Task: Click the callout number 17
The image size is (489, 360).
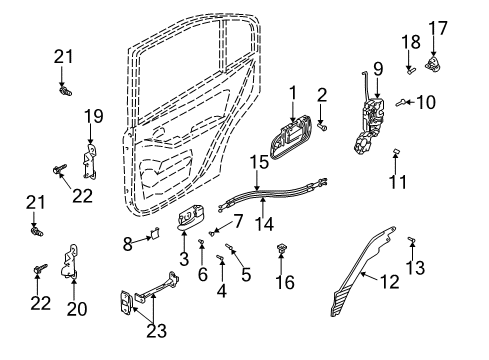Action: (x=438, y=28)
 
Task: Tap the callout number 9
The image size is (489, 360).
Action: (x=378, y=69)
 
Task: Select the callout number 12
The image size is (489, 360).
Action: (x=389, y=282)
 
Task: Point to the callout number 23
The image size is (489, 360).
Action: (x=157, y=331)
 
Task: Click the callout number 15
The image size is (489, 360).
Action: (x=259, y=162)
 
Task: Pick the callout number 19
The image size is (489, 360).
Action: (x=94, y=116)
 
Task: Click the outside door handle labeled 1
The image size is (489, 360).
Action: (x=291, y=137)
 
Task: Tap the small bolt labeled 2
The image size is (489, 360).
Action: (x=322, y=127)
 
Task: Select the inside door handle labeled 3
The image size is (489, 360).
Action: (x=191, y=218)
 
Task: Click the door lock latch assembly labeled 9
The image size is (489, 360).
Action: (x=369, y=127)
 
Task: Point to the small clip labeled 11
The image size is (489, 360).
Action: (x=396, y=151)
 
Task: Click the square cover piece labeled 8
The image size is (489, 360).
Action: (x=155, y=232)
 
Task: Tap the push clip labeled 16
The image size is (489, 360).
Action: (x=282, y=248)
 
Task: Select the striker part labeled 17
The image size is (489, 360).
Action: (x=433, y=64)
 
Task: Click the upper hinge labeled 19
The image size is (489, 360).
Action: (x=89, y=162)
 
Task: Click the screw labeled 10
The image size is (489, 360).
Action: (x=401, y=103)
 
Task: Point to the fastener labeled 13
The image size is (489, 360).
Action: (x=411, y=239)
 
